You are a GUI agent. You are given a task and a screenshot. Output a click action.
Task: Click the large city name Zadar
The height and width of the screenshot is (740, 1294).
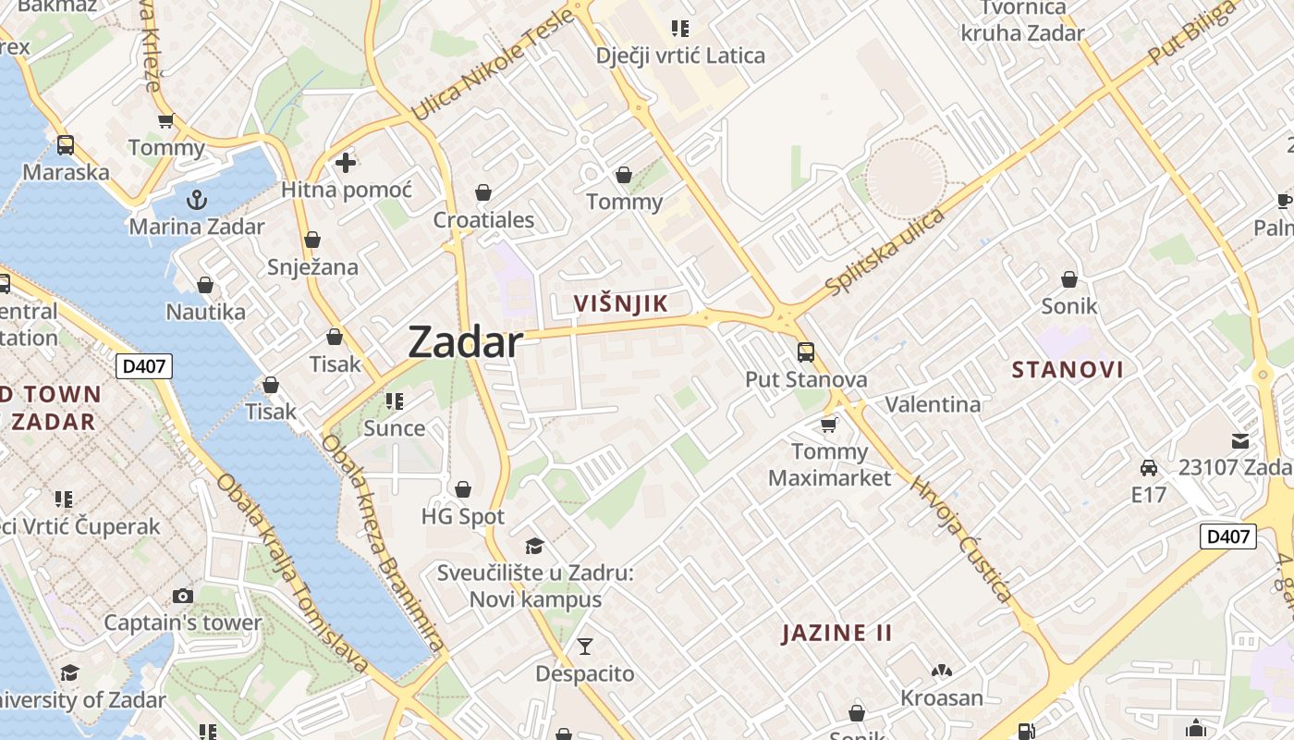coord(465,342)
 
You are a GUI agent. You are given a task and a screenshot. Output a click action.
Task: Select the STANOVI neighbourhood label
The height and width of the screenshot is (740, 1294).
coord(1068,370)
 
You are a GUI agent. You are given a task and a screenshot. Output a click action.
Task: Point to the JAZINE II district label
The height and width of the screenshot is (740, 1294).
coord(837,634)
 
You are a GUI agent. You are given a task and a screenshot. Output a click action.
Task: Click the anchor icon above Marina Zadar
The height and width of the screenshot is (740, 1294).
coord(196,199)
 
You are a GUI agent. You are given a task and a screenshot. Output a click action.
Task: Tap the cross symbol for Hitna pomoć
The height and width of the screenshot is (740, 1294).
coord(346,164)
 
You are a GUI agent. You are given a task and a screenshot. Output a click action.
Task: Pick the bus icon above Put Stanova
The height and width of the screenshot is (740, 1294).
coord(806,352)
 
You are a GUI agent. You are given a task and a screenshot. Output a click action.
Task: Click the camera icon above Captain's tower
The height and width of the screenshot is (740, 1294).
coord(183,596)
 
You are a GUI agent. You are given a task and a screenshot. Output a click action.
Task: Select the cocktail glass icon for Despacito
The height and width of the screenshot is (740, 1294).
coord(585,646)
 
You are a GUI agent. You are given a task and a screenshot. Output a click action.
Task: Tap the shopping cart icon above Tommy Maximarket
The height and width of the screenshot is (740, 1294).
coord(829,425)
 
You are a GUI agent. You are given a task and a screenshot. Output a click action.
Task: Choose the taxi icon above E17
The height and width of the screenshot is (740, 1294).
coord(1149,468)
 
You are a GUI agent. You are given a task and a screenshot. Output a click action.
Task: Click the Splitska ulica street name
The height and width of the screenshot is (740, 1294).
coord(885,253)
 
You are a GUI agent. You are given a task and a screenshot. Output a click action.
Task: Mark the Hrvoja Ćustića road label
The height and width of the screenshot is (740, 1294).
coord(961,538)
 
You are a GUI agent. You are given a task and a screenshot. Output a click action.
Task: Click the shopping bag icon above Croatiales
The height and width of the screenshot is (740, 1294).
coord(482,192)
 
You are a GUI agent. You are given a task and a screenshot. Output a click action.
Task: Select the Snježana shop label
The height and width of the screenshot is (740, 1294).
coord(312,266)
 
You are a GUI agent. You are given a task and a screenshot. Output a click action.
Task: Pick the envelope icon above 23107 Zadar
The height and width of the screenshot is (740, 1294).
coord(1239,441)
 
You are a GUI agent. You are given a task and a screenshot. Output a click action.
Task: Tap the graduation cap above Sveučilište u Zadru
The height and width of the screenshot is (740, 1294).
coord(534,546)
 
